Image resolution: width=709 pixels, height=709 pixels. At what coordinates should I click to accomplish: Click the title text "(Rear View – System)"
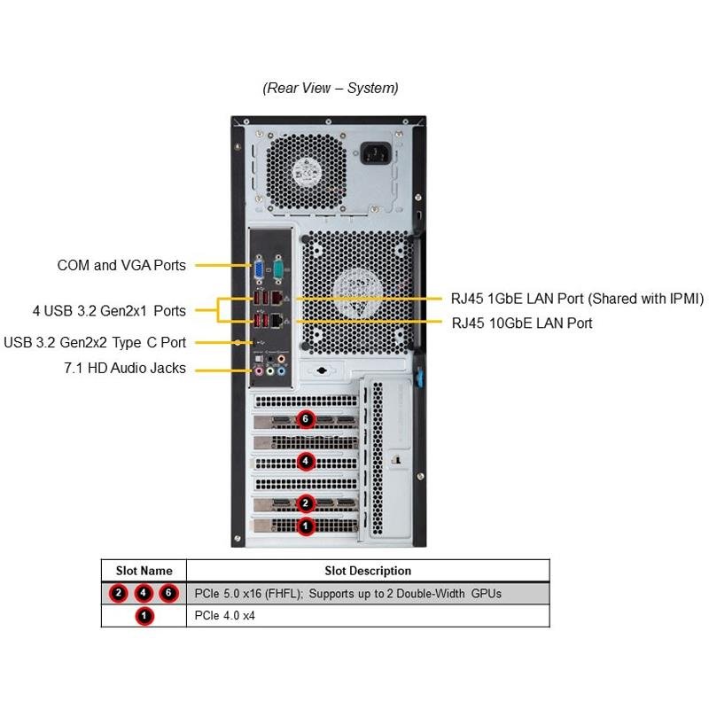coord(331,88)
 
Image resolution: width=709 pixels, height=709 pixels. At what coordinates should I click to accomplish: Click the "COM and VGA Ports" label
coord(121,265)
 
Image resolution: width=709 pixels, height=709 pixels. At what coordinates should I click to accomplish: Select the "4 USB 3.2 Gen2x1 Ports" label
coord(109,310)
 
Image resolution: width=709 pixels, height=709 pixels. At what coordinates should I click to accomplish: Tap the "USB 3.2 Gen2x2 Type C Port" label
coord(95,342)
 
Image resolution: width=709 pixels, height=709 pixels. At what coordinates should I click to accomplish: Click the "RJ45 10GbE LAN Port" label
coord(522,323)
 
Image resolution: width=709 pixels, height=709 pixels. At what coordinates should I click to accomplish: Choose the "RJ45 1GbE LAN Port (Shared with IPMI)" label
coord(577,299)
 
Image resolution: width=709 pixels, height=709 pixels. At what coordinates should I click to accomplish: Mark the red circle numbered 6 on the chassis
coord(306,419)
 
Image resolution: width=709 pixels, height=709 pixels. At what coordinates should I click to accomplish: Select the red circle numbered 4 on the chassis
coord(306,461)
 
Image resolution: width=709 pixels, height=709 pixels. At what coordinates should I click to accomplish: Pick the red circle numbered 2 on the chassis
coord(306,503)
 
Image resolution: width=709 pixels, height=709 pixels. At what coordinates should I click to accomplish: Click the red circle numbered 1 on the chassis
coord(306,526)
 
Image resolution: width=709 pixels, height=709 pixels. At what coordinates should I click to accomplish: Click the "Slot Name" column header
coord(144,571)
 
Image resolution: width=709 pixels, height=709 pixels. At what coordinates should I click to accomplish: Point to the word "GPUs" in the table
coord(486,593)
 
